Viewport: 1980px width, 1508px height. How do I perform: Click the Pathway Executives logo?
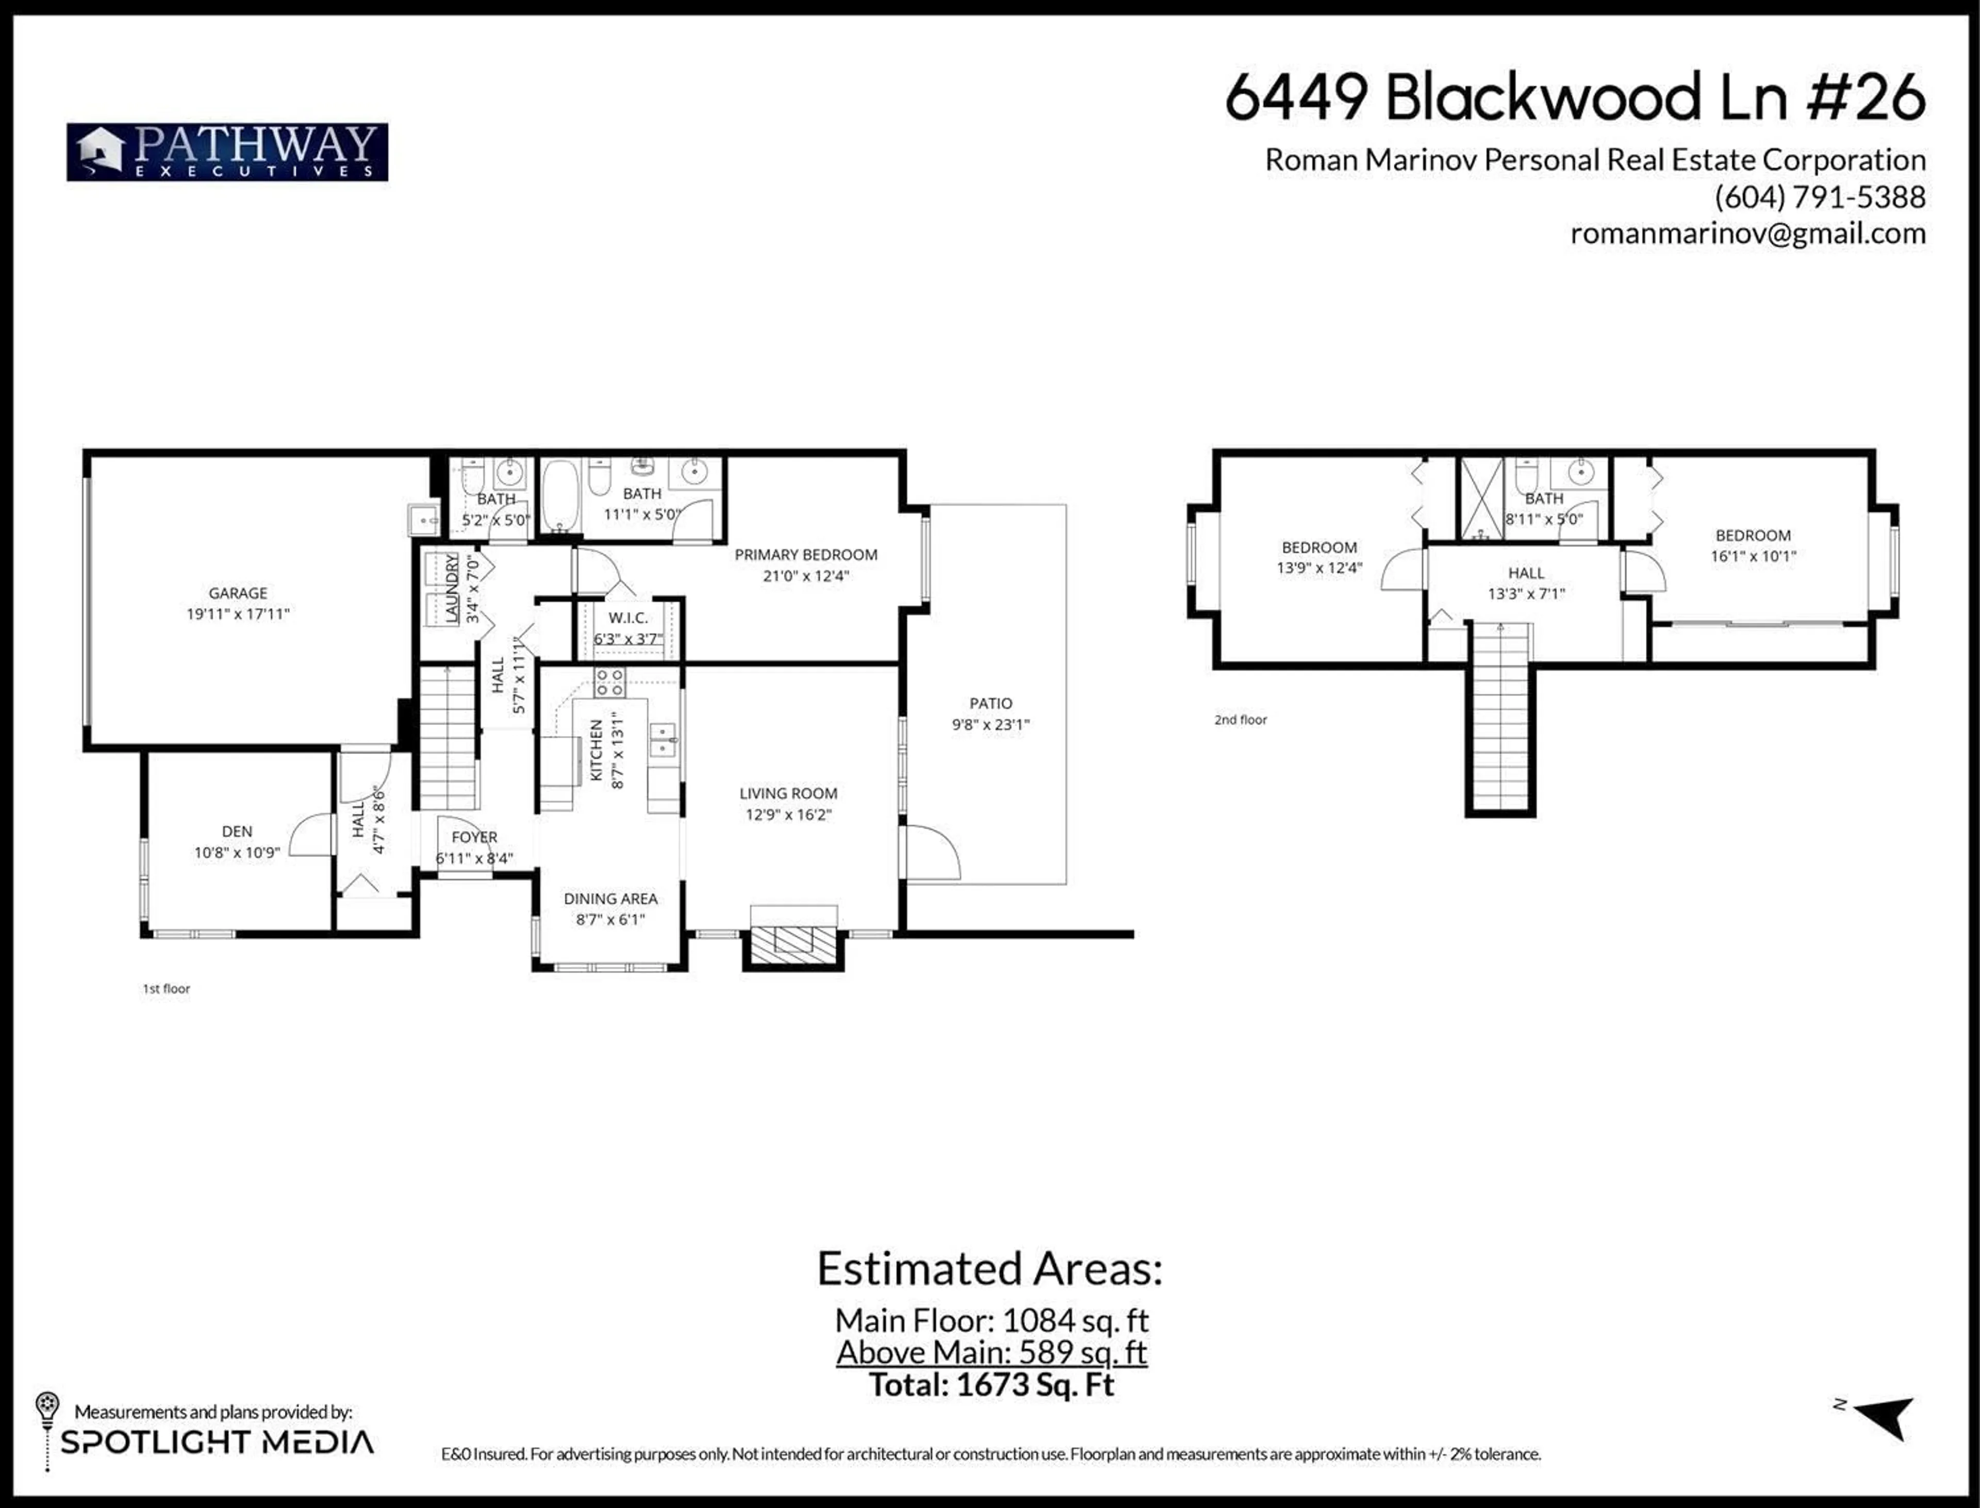point(227,152)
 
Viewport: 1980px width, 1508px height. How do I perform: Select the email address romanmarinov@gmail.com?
point(1747,233)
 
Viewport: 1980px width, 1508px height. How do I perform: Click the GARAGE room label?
point(238,593)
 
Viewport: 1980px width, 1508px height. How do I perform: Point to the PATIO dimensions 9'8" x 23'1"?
point(991,725)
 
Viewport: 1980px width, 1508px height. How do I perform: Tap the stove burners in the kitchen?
point(609,682)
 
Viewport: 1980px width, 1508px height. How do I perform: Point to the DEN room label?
point(237,831)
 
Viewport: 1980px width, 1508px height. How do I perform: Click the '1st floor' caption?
point(166,988)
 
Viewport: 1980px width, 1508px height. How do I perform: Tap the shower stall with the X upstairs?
point(1481,498)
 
